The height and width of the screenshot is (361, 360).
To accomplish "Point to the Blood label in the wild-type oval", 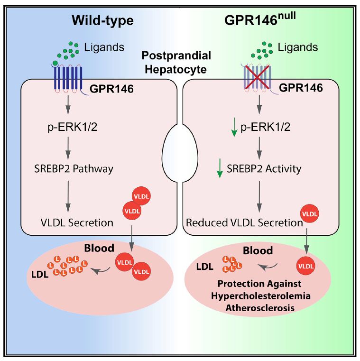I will click(x=99, y=249).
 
